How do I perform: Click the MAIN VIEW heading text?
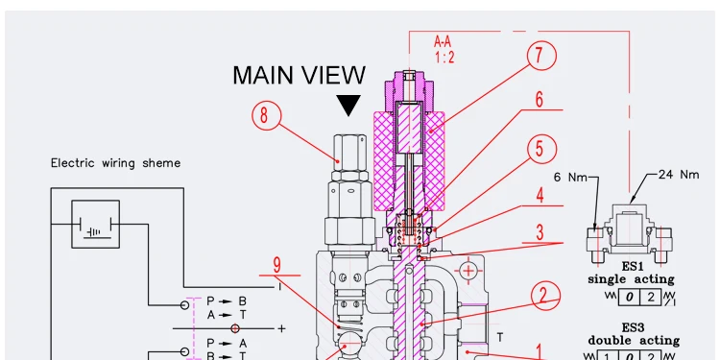pos(299,75)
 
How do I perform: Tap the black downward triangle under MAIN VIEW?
pos(348,105)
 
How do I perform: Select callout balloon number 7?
pos(541,57)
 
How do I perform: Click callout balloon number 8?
pos(268,116)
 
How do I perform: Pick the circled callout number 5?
pos(540,149)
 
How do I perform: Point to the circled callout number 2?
pos(542,296)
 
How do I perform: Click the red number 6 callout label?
pos(540,100)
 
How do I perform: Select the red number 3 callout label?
pos(540,232)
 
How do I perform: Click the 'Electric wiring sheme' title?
pos(115,163)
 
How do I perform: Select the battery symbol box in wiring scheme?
pos(96,225)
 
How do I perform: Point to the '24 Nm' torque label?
pos(679,175)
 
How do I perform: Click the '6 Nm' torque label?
pos(571,177)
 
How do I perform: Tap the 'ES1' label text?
pos(632,266)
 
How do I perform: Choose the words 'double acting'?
pos(633,340)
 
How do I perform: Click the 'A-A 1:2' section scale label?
pos(445,49)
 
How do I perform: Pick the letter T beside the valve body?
pos(500,338)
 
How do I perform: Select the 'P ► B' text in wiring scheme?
pos(228,300)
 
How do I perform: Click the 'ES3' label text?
pos(632,327)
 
